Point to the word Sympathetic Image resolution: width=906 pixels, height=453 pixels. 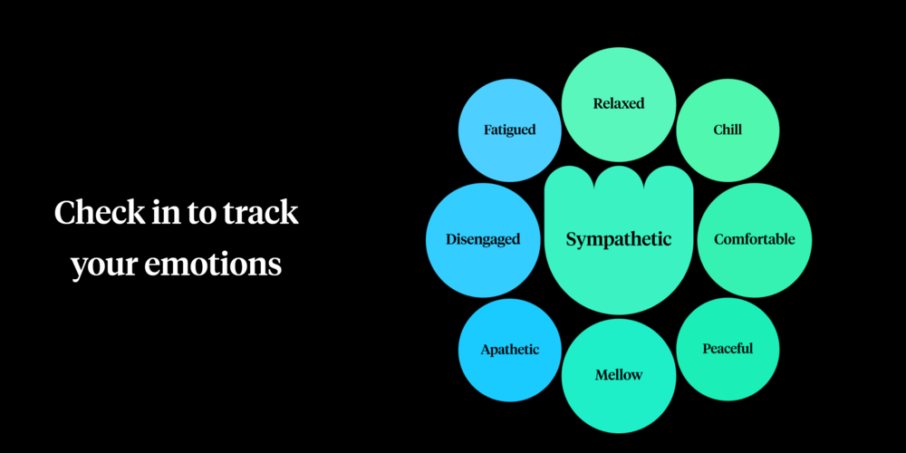point(619,239)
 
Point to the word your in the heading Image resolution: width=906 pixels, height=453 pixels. point(101,265)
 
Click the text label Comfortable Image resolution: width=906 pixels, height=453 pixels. point(755,239)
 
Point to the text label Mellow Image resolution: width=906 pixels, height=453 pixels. point(619,374)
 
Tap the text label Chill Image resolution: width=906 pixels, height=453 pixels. point(728,130)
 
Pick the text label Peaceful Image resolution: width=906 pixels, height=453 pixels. point(728,348)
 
